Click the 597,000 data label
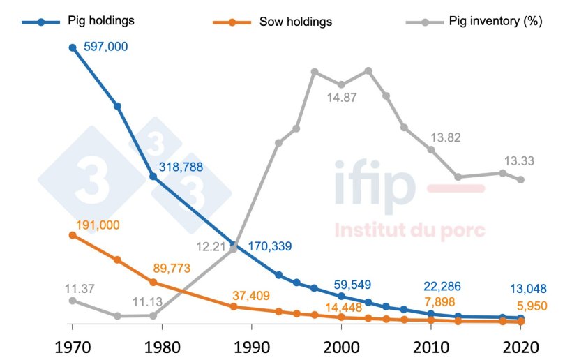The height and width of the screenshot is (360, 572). pyautogui.click(x=105, y=47)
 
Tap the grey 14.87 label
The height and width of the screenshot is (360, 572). pyautogui.click(x=342, y=98)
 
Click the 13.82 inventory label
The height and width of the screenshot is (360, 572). pyautogui.click(x=446, y=137)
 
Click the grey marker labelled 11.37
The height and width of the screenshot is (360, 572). pyautogui.click(x=72, y=301)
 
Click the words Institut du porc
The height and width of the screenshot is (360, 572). pyautogui.click(x=409, y=231)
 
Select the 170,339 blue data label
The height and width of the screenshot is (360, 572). pyautogui.click(x=269, y=246)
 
